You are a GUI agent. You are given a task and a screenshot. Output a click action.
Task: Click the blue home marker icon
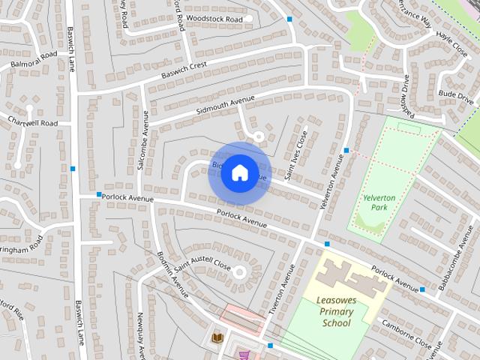(x=239, y=172)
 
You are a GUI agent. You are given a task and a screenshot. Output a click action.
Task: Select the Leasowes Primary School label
(x=336, y=311)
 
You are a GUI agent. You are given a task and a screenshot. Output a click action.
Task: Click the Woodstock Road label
(x=214, y=18)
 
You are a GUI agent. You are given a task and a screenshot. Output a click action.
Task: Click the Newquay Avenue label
(x=141, y=334)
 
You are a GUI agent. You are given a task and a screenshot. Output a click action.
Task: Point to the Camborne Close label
(x=408, y=335)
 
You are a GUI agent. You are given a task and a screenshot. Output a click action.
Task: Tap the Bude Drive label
(x=456, y=97)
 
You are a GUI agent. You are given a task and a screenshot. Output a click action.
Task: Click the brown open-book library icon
(x=217, y=338)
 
